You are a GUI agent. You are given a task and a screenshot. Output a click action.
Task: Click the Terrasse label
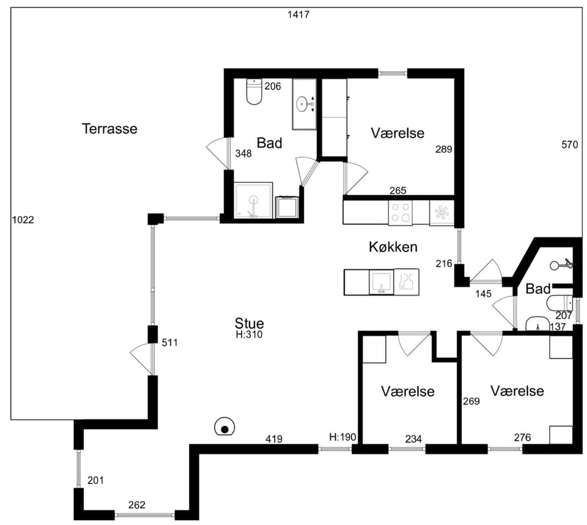pyautogui.click(x=109, y=128)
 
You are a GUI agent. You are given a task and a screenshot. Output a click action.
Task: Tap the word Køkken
pyautogui.click(x=393, y=247)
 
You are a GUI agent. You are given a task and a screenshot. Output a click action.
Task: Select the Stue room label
pyautogui.click(x=249, y=323)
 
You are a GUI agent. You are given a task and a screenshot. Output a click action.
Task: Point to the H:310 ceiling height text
pyautogui.click(x=249, y=335)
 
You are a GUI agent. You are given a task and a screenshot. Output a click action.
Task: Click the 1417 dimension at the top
pyautogui.click(x=298, y=15)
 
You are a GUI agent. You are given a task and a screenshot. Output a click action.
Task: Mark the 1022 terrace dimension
pyautogui.click(x=23, y=220)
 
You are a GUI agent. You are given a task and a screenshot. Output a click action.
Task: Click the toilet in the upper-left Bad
pyautogui.click(x=254, y=91)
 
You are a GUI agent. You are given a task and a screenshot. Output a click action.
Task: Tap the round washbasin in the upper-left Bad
pyautogui.click(x=303, y=104)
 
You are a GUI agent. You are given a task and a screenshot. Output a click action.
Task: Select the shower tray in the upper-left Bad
pyautogui.click(x=253, y=200)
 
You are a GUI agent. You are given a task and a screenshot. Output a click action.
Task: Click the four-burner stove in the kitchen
pyautogui.click(x=400, y=212)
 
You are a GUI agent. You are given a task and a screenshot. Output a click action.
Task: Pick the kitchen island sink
pyautogui.click(x=381, y=282)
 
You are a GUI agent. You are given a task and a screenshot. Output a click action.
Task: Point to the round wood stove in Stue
pyautogui.click(x=224, y=427)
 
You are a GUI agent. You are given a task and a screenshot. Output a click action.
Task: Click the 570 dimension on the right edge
pyautogui.click(x=570, y=144)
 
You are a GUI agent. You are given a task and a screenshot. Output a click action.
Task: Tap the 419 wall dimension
pyautogui.click(x=274, y=439)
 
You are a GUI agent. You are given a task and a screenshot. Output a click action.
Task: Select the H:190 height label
pyautogui.click(x=342, y=437)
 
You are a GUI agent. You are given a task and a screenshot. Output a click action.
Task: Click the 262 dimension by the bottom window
pyautogui.click(x=136, y=505)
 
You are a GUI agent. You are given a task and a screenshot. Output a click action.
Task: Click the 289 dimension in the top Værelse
pyautogui.click(x=444, y=149)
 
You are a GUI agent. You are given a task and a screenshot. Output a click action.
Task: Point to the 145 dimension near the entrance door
pyautogui.click(x=483, y=294)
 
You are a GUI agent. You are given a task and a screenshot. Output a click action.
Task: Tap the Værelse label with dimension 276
pyautogui.click(x=517, y=391)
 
